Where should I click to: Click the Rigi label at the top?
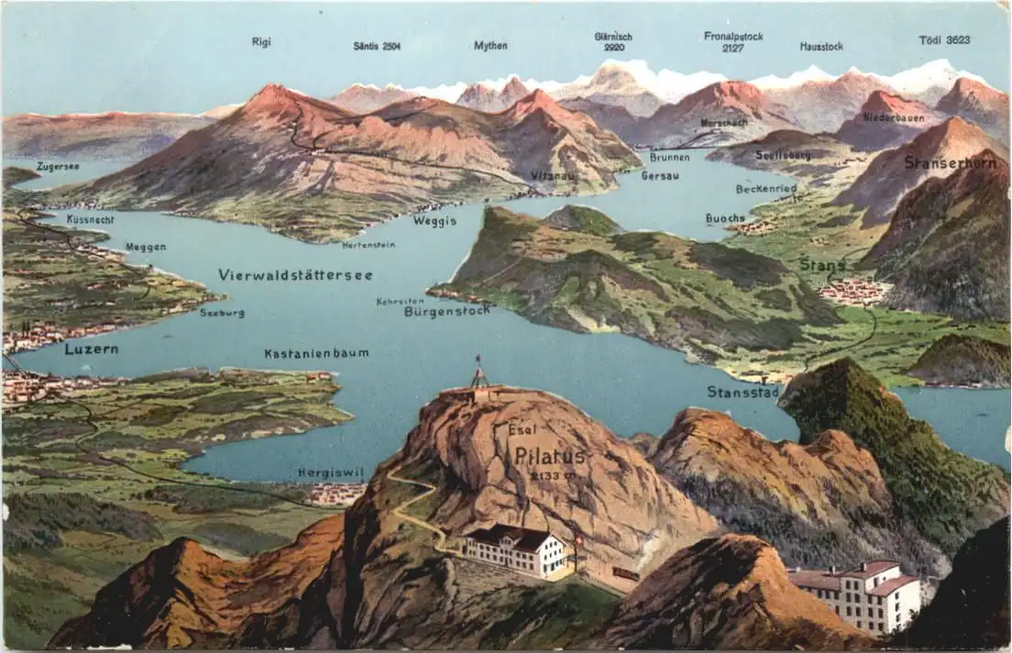click(261, 41)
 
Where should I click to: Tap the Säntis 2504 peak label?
click(377, 46)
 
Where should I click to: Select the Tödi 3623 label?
click(944, 40)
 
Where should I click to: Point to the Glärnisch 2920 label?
click(613, 42)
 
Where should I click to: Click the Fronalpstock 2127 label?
click(733, 42)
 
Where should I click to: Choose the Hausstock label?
click(821, 46)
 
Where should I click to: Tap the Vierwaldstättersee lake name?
click(295, 275)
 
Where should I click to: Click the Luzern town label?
click(91, 349)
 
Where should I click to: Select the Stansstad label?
click(742, 393)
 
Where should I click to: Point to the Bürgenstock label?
click(446, 311)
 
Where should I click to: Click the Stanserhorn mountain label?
click(950, 162)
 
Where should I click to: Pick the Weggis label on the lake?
click(434, 221)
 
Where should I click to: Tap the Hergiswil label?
click(330, 473)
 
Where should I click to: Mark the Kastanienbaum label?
click(316, 353)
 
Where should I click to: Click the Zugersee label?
click(58, 167)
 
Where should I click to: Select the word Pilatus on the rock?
click(549, 456)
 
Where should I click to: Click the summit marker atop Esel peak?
click(478, 374)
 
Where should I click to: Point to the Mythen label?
click(490, 46)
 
